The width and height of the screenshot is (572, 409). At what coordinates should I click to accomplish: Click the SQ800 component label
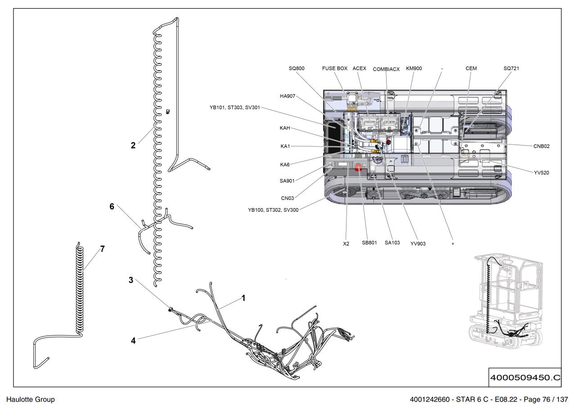click(x=297, y=68)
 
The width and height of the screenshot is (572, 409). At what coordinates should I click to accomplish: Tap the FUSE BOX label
click(x=334, y=68)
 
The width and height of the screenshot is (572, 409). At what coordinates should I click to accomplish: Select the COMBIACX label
click(x=386, y=69)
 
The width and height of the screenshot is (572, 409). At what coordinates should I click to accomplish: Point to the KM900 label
click(x=414, y=68)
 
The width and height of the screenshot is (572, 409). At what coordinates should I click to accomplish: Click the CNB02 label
click(x=541, y=146)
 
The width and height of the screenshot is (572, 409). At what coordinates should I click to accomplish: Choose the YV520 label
click(x=541, y=173)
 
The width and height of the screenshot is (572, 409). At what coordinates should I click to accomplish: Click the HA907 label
click(x=288, y=96)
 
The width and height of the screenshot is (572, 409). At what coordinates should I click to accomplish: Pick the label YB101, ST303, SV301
click(x=234, y=108)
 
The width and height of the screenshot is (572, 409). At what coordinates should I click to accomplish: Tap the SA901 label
click(x=287, y=181)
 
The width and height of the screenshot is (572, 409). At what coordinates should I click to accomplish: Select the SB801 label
click(x=369, y=243)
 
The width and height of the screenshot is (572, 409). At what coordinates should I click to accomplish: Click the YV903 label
click(x=418, y=244)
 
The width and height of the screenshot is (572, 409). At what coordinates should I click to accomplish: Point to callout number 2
click(x=133, y=145)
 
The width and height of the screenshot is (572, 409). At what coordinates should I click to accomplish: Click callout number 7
click(x=103, y=249)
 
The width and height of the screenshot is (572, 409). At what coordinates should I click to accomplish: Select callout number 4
click(x=133, y=341)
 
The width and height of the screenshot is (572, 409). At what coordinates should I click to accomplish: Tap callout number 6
click(x=112, y=207)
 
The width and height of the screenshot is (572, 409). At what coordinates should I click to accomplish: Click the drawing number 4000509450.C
click(x=525, y=377)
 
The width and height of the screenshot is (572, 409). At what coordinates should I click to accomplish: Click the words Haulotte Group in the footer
click(x=31, y=400)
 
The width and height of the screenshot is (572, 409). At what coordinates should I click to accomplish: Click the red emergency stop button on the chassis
click(x=358, y=168)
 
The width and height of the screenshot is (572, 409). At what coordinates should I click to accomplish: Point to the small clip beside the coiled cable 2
click(x=168, y=112)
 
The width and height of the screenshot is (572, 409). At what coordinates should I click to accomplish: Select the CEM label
click(x=471, y=68)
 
